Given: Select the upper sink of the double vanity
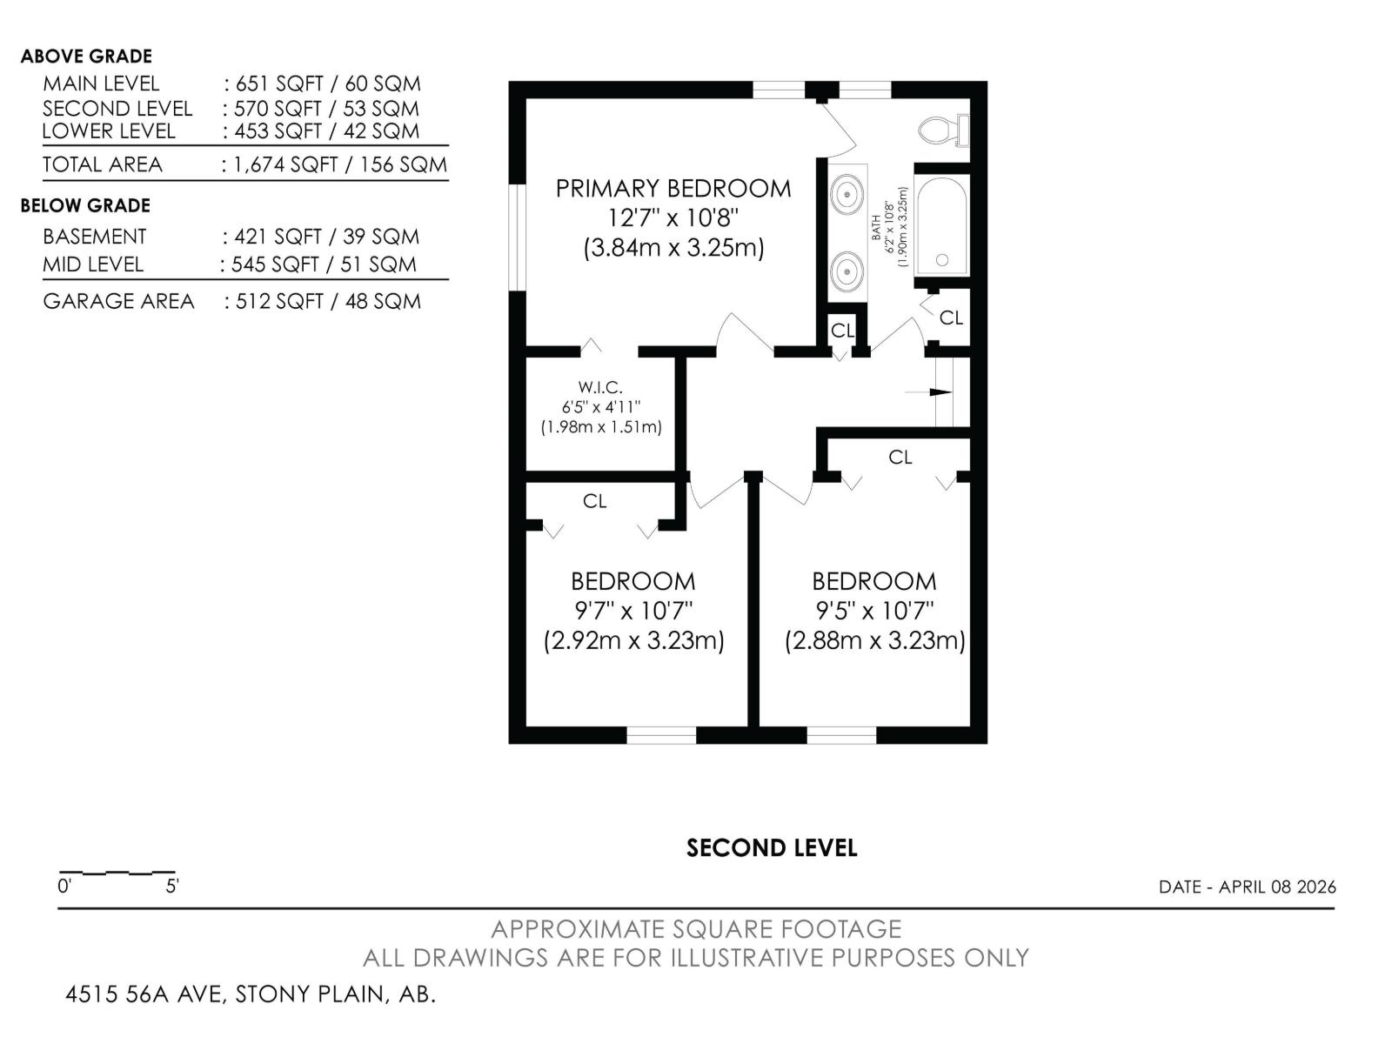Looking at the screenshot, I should point(847,193).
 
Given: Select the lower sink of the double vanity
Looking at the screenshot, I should point(847,271).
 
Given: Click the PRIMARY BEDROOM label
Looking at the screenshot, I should point(673,189).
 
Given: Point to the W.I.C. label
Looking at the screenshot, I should point(600,388).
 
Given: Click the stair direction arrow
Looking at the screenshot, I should point(931,392).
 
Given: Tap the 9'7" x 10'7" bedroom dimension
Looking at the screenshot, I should point(633,611).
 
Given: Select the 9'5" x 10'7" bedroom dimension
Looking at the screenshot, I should point(874,611).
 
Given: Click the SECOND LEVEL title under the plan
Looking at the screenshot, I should point(772,848).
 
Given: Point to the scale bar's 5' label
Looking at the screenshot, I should point(172,887).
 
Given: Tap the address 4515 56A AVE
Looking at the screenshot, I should point(145,994).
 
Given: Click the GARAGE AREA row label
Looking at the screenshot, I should point(118,301).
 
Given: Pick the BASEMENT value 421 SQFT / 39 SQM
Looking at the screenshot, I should point(321,237).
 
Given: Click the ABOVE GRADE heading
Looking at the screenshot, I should point(86,57).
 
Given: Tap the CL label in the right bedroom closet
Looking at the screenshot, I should point(900,457).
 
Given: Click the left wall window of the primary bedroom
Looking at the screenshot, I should point(517,236).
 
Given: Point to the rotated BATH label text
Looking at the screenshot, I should point(876,228).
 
